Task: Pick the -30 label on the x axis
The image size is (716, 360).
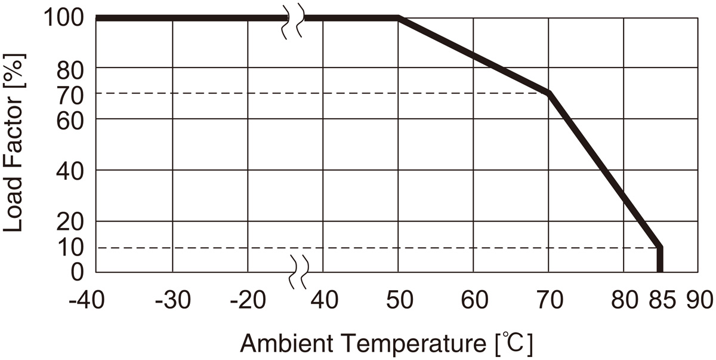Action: (173, 300)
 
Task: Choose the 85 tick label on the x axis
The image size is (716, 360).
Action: (660, 300)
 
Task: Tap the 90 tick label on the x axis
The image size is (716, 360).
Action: (698, 300)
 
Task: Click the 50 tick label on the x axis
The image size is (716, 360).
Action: (399, 300)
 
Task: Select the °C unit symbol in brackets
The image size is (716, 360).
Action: (514, 344)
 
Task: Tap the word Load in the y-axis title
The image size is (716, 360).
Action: (13, 210)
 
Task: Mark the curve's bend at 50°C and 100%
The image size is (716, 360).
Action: (399, 19)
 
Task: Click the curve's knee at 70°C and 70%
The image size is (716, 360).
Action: (549, 93)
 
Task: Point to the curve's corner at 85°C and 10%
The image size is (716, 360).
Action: (660, 247)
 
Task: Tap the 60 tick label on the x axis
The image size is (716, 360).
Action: (474, 300)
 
